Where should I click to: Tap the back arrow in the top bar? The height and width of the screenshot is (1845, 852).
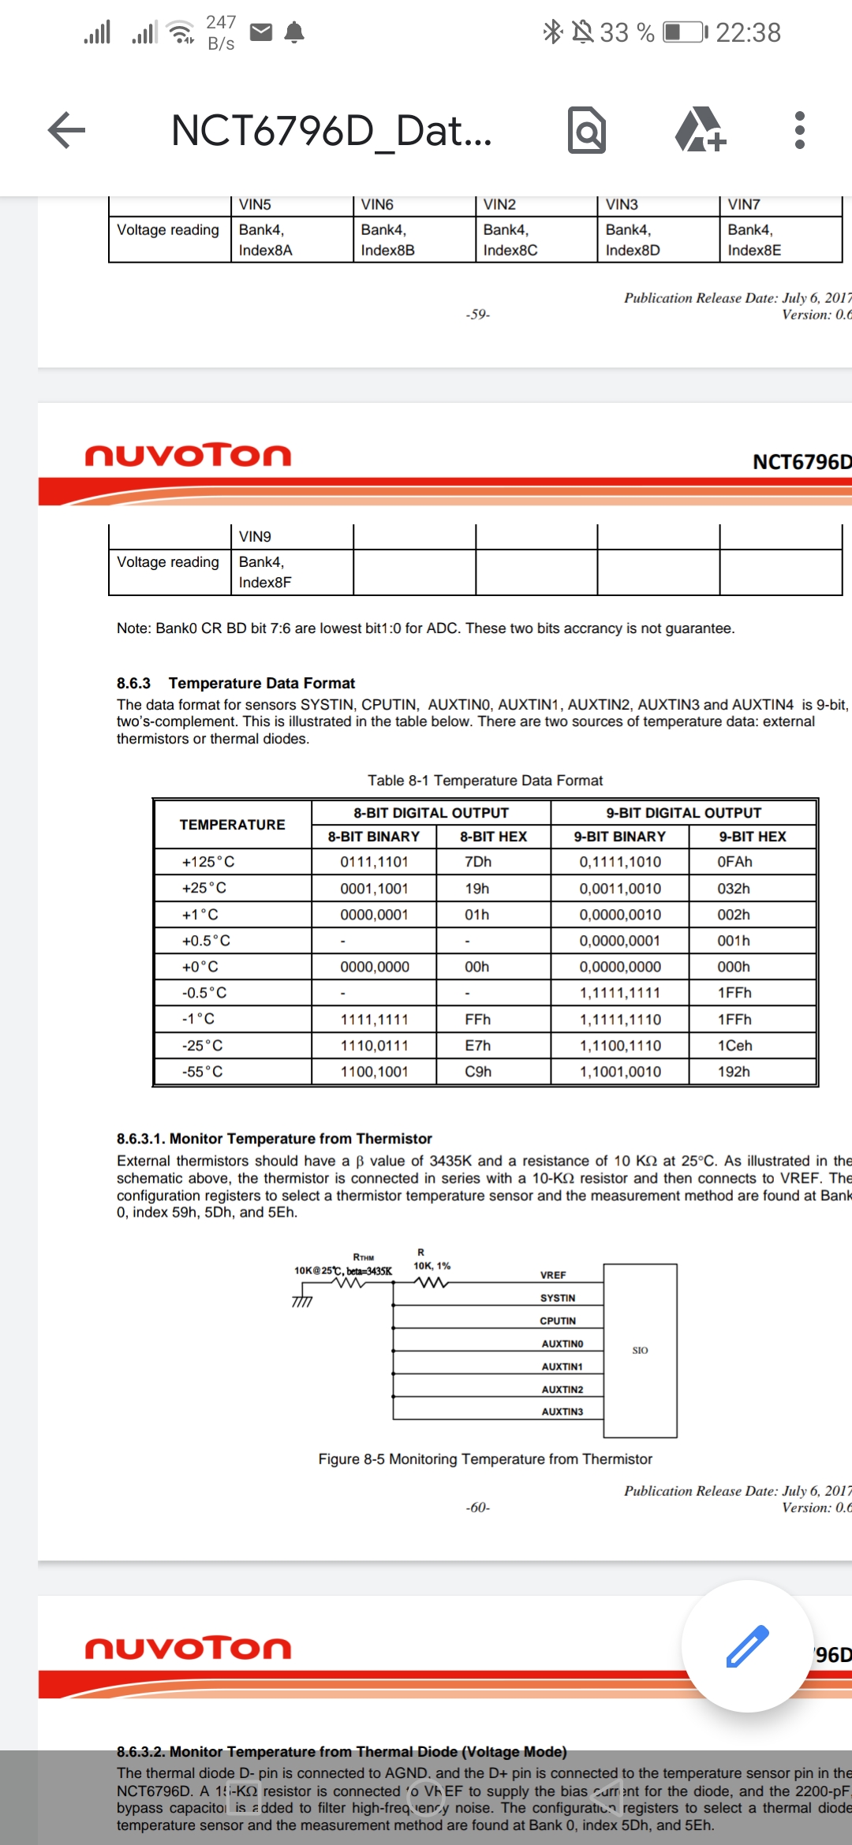click(x=67, y=130)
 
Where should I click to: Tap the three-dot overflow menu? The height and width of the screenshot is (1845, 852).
click(x=799, y=130)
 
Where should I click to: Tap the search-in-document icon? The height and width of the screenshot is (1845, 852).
click(x=587, y=130)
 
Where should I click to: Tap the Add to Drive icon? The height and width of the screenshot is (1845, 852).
click(x=701, y=130)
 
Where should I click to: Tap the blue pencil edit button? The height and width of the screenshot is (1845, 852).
click(x=746, y=1646)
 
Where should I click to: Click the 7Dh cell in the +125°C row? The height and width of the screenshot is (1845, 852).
click(x=478, y=862)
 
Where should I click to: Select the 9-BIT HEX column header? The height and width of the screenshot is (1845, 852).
click(x=753, y=837)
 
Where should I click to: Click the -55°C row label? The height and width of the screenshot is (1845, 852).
click(x=203, y=1072)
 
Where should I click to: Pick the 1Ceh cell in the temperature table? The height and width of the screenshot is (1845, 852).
click(x=734, y=1045)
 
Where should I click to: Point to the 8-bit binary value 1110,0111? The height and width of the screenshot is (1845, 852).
click(x=374, y=1045)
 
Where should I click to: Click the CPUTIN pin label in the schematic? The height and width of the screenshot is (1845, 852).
click(x=558, y=1321)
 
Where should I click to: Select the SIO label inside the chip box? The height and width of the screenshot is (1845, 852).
click(x=640, y=1351)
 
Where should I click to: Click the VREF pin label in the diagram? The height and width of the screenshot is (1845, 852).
click(x=553, y=1275)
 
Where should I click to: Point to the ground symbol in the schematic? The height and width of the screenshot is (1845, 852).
click(x=302, y=1301)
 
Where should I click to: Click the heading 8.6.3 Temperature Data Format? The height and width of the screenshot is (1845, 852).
click(x=237, y=683)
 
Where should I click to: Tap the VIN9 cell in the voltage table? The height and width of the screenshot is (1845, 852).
click(x=255, y=537)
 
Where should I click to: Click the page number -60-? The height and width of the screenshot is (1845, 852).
click(x=477, y=1508)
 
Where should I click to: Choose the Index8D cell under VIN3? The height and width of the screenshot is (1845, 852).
click(x=633, y=250)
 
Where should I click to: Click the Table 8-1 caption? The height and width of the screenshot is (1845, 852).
click(x=485, y=781)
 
